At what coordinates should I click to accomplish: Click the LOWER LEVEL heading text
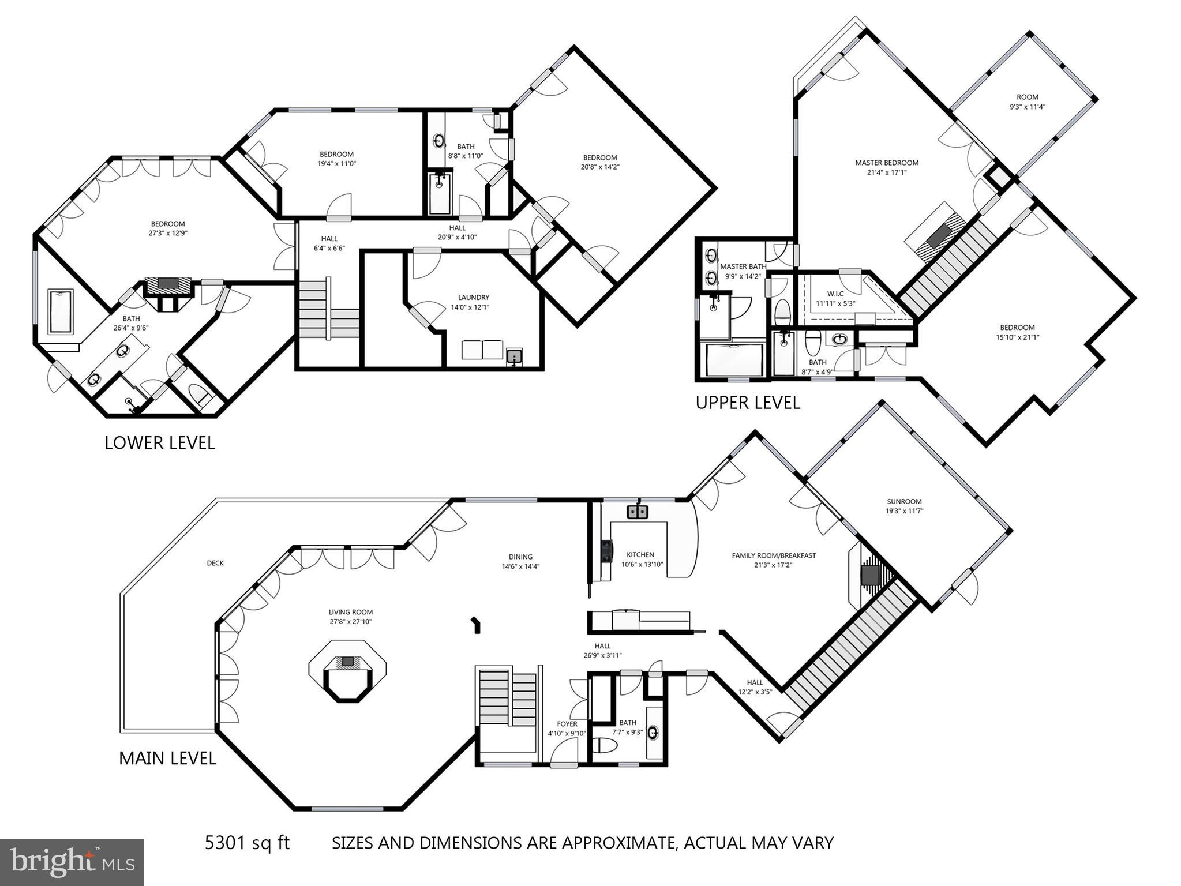(x=160, y=443)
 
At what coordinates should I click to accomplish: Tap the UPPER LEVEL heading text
(x=748, y=403)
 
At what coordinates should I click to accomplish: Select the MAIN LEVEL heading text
(x=167, y=758)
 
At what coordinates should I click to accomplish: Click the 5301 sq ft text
(x=247, y=843)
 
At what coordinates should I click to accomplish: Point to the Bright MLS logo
(x=72, y=862)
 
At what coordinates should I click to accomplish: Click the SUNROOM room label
(x=904, y=501)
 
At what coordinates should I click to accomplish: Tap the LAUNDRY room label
(x=473, y=298)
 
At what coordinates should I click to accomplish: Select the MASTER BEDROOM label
(x=886, y=163)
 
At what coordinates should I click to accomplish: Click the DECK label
(x=215, y=563)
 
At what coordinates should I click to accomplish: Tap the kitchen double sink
(x=638, y=512)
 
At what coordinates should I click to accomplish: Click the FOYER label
(x=567, y=724)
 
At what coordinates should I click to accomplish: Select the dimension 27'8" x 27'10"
(x=351, y=622)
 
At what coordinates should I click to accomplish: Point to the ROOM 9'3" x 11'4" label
(x=1027, y=97)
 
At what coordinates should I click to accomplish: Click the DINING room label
(x=520, y=557)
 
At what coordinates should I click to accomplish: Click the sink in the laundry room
(x=513, y=358)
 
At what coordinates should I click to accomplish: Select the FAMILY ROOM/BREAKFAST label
(x=774, y=555)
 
